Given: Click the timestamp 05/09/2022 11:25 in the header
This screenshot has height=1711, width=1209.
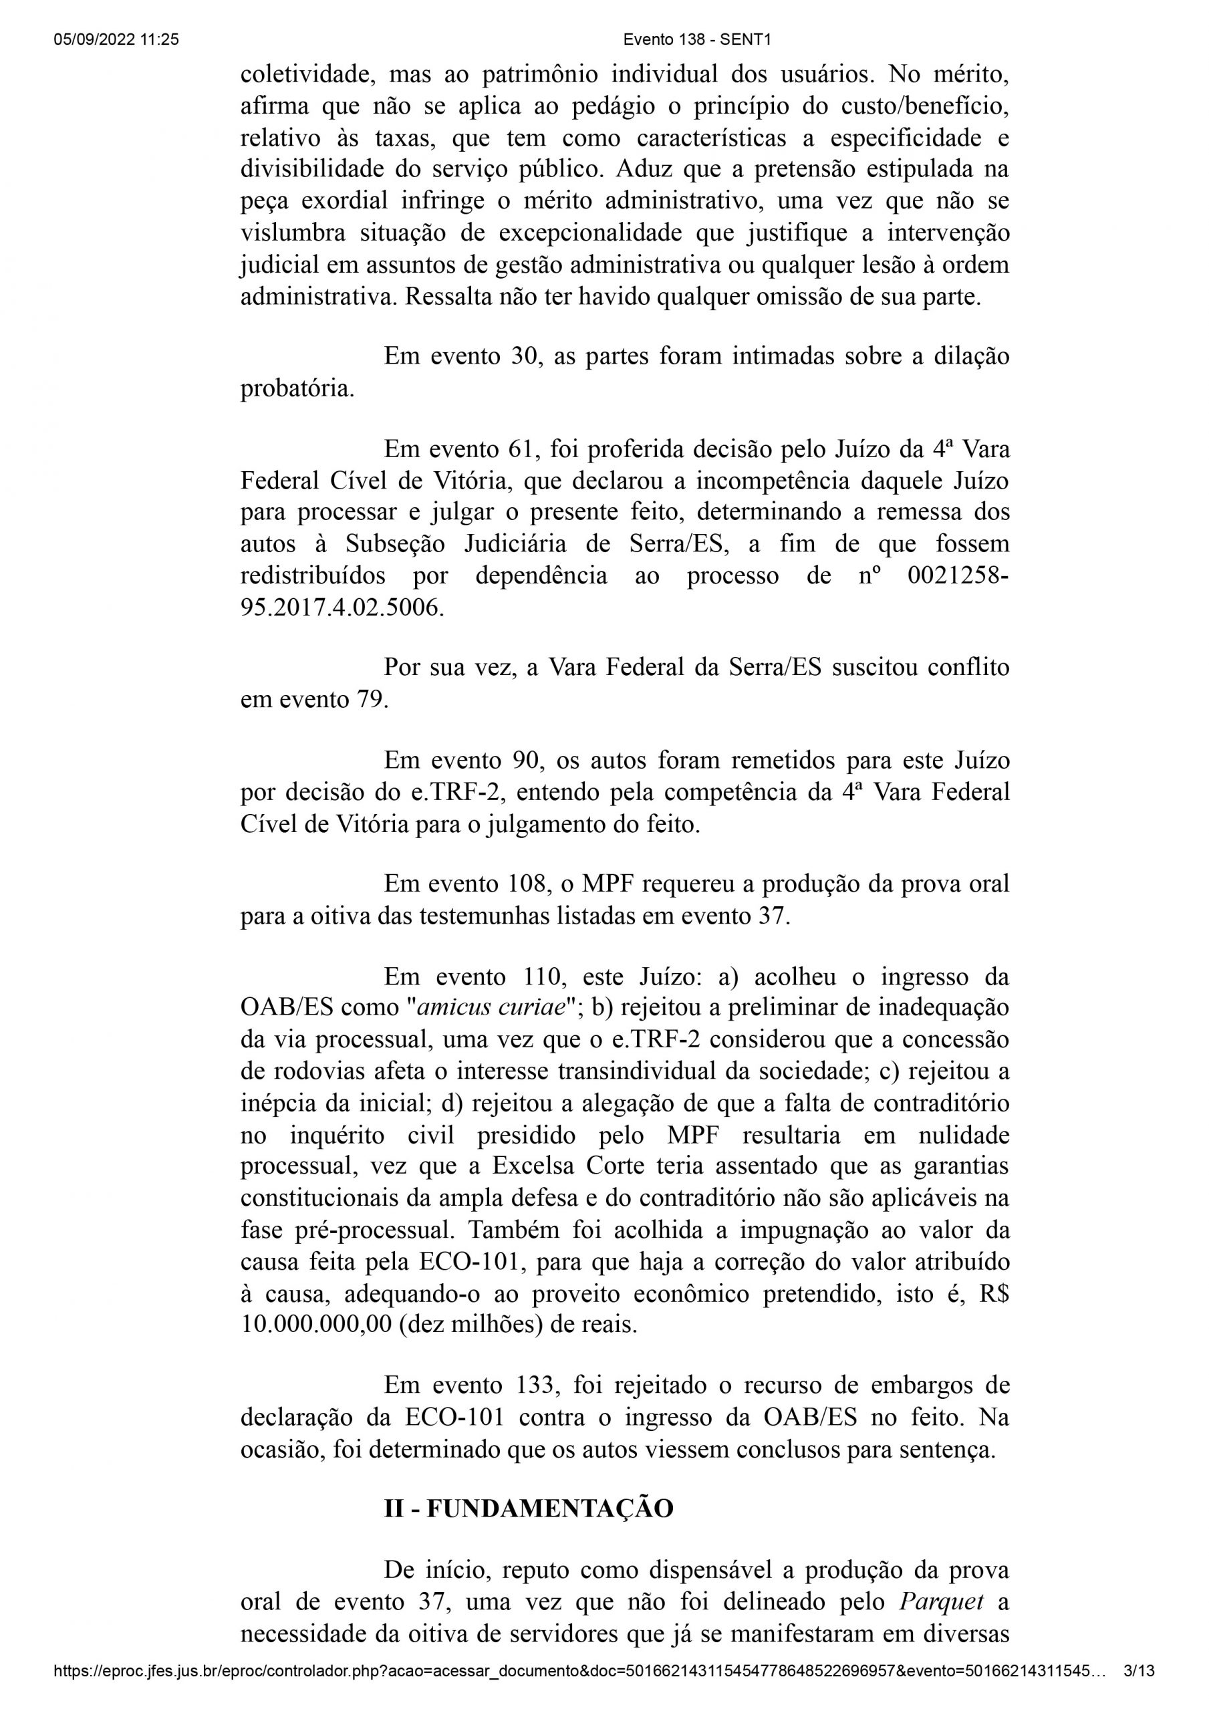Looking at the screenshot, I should pyautogui.click(x=116, y=40).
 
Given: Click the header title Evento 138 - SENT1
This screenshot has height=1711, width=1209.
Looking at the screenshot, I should pyautogui.click(x=696, y=40).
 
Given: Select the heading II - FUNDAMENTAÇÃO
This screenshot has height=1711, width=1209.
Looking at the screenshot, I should pyautogui.click(x=529, y=1509).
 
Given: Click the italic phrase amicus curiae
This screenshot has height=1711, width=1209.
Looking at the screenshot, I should pyautogui.click(x=491, y=1007).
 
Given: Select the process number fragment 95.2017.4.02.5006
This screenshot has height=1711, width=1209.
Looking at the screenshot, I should pyautogui.click(x=342, y=608).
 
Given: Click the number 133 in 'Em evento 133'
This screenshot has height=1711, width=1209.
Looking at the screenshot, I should pyautogui.click(x=536, y=1386).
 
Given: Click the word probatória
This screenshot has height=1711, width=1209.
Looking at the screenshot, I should pyautogui.click(x=297, y=389).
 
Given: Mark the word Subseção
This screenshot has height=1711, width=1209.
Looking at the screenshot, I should pyautogui.click(x=395, y=544).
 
